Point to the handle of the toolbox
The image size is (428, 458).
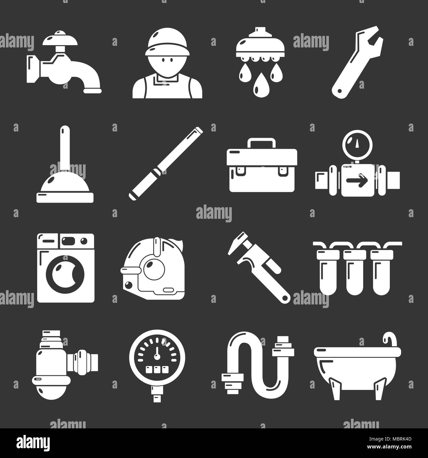pyautogui.click(x=262, y=143)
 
